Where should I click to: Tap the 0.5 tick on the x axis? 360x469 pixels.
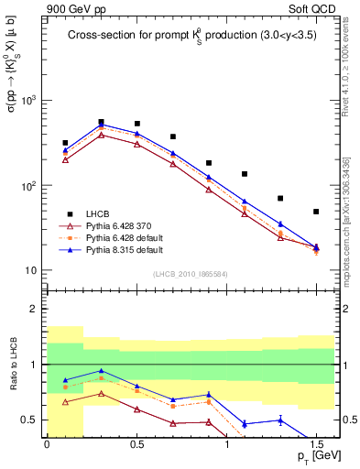pyautogui.click(x=136, y=443)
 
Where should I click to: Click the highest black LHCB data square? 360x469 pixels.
pyautogui.click(x=101, y=121)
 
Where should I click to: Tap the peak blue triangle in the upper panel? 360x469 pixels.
pyautogui.click(x=101, y=125)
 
